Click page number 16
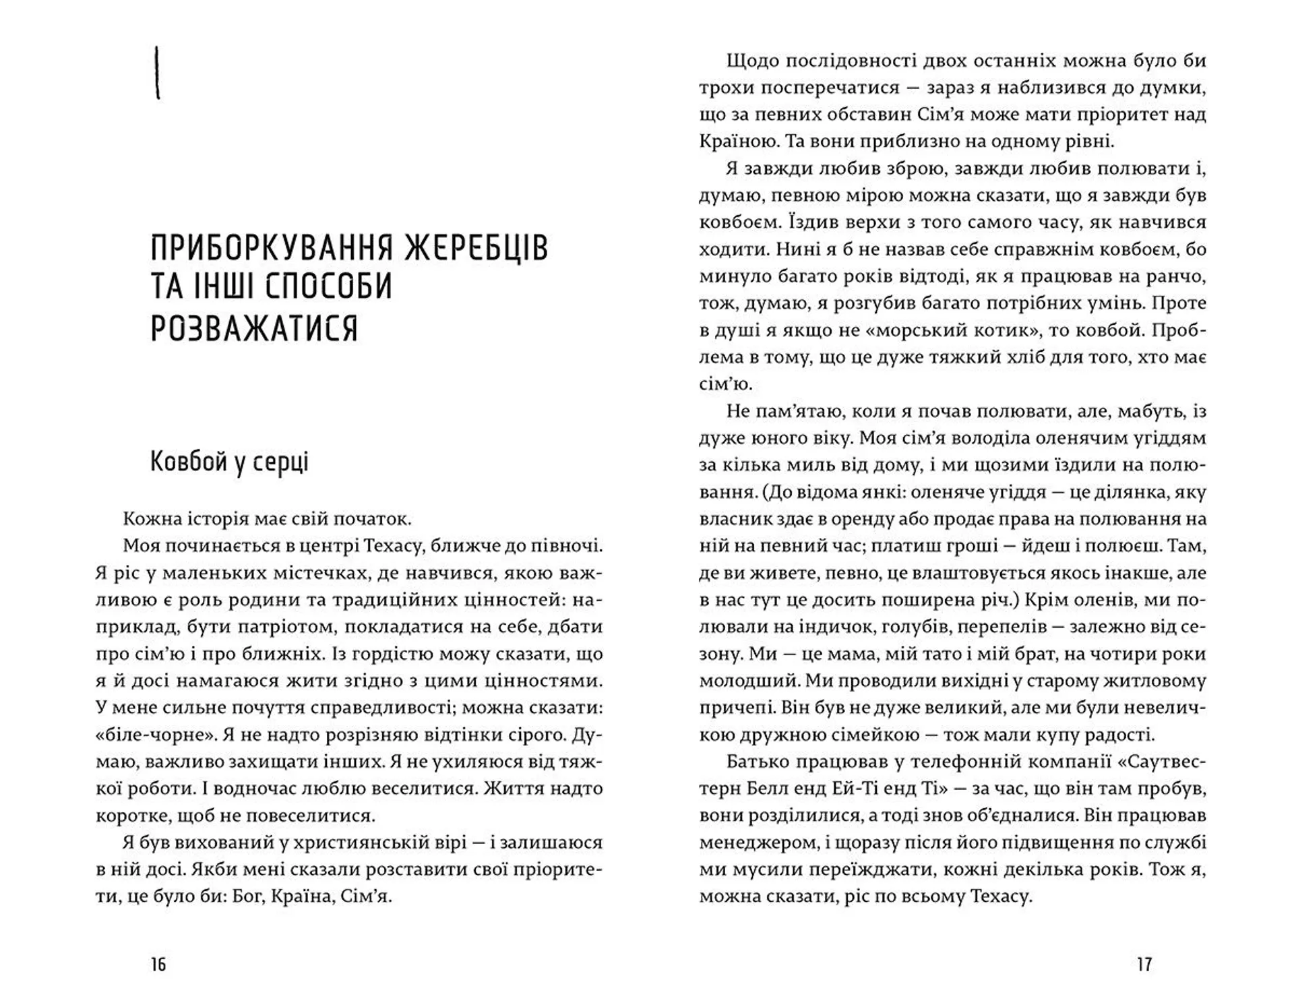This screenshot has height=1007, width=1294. click(x=158, y=965)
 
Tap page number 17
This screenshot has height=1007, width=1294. click(x=1144, y=965)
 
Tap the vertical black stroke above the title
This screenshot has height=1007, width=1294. click(x=158, y=73)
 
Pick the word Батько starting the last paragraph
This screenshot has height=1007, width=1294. click(x=757, y=762)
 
